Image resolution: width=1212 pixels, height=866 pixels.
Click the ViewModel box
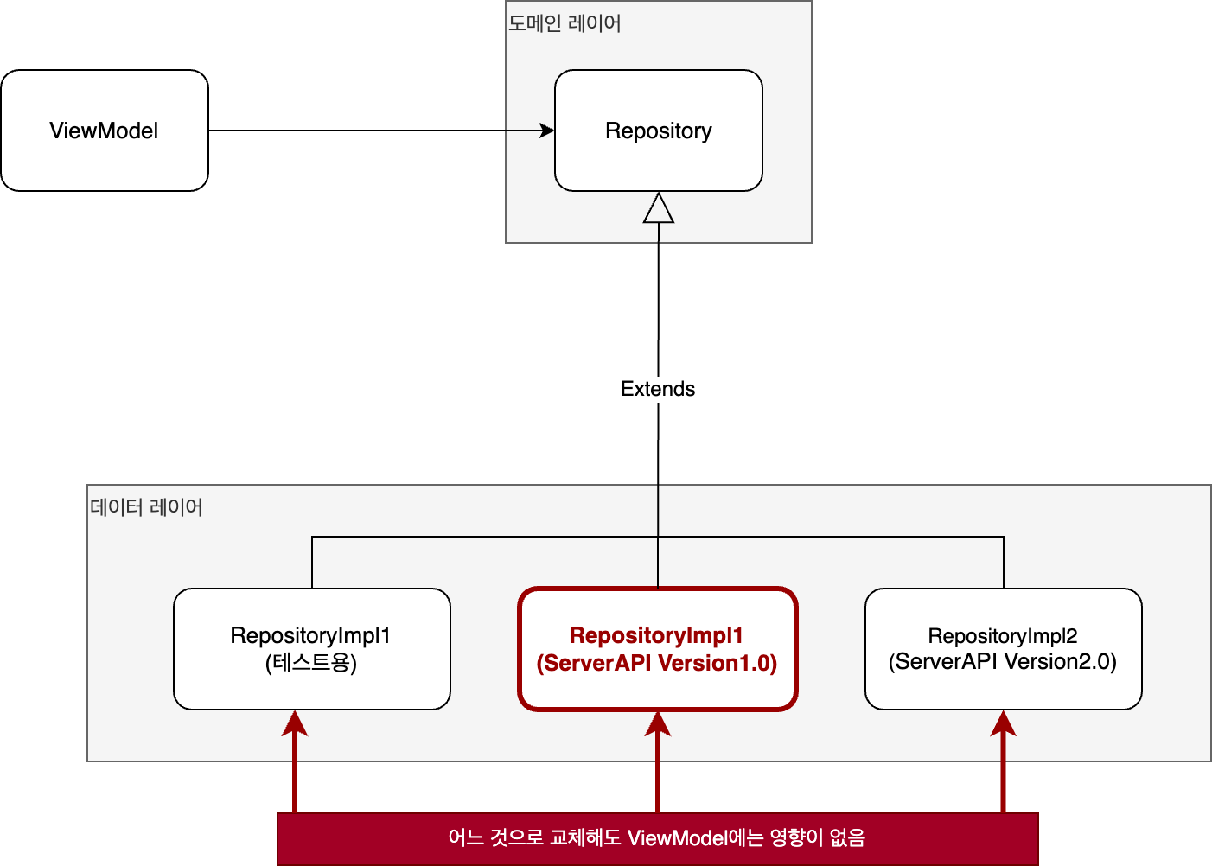coord(105,131)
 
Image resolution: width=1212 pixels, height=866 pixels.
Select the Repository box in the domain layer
coord(659,131)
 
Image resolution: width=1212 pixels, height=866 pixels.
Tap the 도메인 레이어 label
coord(565,23)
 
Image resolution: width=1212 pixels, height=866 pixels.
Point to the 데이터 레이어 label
coord(146,507)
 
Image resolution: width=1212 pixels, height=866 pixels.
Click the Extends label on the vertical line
coord(658,389)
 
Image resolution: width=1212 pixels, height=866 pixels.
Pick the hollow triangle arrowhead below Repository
coord(659,207)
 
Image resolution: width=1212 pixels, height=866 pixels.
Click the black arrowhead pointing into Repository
coord(547,131)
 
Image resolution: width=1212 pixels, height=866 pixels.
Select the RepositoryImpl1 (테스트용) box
coord(312,649)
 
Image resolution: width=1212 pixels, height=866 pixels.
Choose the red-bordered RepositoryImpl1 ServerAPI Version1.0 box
coord(657,649)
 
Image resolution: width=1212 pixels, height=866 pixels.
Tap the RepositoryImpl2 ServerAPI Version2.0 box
coord(1003,649)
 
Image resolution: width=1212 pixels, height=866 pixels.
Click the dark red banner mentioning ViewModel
coord(657,839)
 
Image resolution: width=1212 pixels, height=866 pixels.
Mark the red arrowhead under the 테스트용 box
coord(295,723)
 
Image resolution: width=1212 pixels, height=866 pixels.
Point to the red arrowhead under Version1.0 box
coord(658,723)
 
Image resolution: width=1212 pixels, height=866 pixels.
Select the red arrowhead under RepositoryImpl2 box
coord(1003,723)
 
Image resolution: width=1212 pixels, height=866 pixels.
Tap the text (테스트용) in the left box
coord(311,663)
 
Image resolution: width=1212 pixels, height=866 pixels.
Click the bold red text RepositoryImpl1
coord(656,635)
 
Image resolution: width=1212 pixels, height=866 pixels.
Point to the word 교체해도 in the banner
coord(585,837)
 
